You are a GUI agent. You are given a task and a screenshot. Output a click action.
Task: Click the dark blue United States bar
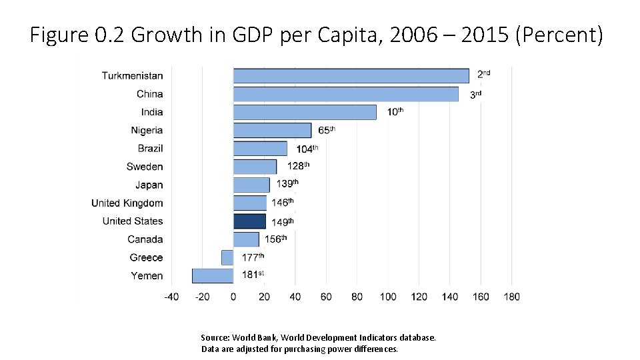(249, 221)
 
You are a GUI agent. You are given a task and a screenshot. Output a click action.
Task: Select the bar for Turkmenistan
(351, 76)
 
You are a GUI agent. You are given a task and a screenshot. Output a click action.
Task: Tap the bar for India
(305, 112)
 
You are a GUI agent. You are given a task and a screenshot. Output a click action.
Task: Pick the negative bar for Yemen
(213, 275)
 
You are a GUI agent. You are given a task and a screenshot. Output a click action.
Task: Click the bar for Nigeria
(272, 130)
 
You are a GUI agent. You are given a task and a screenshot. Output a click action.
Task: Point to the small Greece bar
(227, 257)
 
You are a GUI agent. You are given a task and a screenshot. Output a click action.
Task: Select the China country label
(149, 94)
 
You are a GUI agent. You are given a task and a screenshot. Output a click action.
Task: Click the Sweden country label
(145, 167)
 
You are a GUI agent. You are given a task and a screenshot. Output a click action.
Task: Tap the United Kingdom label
(127, 203)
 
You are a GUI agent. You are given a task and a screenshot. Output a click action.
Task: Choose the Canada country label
(145, 239)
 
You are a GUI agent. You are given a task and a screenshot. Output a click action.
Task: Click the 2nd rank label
(483, 74)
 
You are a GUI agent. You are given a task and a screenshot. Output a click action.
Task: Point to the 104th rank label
(307, 149)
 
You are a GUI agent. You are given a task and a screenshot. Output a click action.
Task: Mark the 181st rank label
(253, 275)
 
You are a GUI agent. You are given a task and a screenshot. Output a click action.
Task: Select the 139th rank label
(287, 184)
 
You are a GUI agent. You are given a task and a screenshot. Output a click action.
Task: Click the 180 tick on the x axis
(511, 297)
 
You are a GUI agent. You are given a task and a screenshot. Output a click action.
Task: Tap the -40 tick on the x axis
(171, 297)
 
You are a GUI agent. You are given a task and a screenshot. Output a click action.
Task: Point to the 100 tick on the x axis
(388, 297)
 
